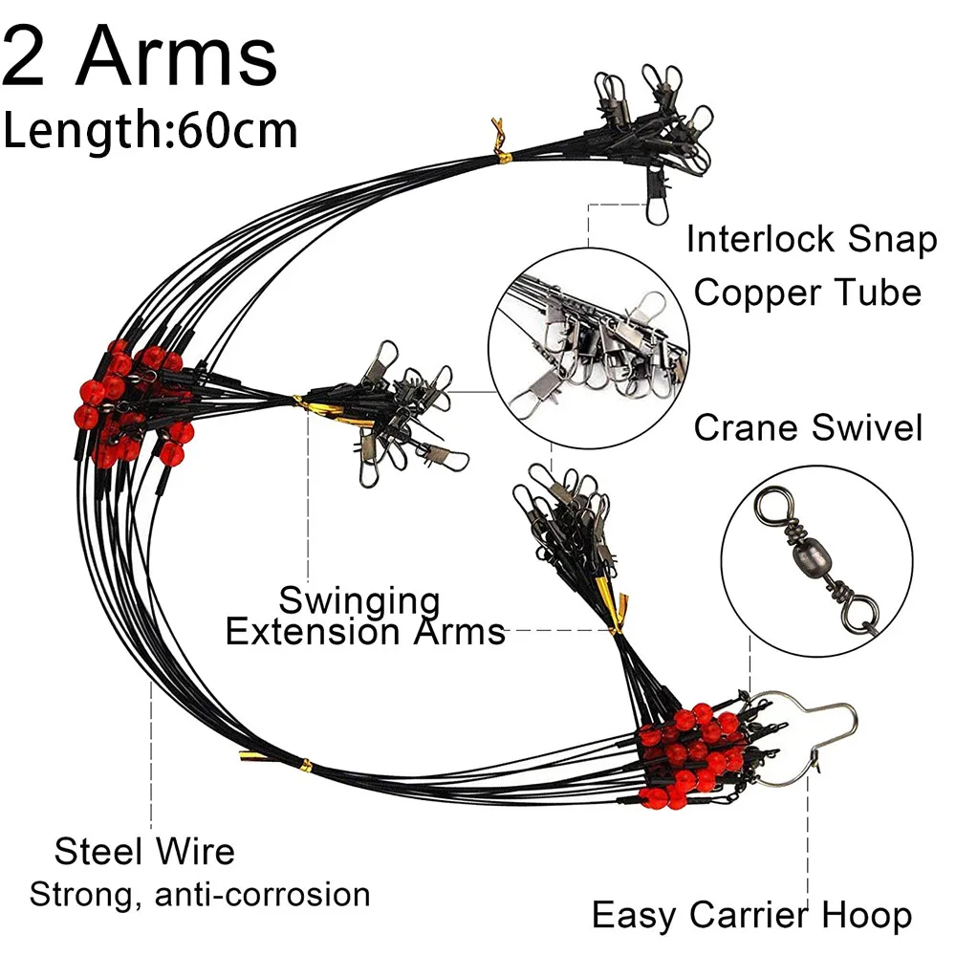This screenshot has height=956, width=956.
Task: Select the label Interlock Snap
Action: pos(811,240)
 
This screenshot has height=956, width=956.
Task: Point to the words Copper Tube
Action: pos(808,292)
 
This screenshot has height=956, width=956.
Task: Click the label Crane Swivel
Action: pos(808,427)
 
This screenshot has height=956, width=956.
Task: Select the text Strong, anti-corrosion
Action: pos(200,895)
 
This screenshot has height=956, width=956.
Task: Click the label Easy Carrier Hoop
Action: pos(751,915)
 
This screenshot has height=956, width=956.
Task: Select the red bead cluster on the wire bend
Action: pos(129,402)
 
